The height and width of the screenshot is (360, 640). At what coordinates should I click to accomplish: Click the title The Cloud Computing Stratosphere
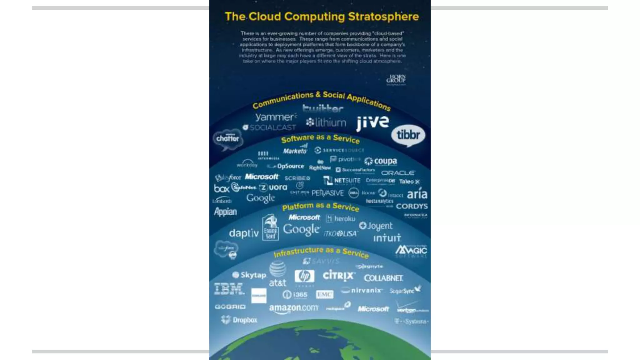[322, 16]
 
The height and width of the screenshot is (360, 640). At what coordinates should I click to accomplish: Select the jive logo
[372, 122]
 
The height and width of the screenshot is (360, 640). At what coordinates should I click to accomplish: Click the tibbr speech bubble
[408, 135]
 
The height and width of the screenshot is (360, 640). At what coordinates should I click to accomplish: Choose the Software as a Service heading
[320, 138]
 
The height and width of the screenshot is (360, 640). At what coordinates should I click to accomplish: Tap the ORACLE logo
[398, 173]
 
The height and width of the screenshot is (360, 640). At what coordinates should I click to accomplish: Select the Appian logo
[225, 212]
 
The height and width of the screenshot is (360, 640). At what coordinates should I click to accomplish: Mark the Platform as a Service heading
[321, 206]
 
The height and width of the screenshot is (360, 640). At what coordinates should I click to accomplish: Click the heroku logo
[341, 218]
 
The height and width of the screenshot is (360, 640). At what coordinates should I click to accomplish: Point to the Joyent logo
[376, 226]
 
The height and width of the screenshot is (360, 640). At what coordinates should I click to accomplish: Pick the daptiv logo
[244, 233]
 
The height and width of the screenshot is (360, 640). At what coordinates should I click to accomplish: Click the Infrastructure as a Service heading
[321, 252]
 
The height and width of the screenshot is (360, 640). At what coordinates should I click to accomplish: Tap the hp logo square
[304, 276]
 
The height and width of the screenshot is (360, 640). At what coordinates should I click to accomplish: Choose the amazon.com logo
[293, 308]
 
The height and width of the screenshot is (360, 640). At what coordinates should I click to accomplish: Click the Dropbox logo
[239, 320]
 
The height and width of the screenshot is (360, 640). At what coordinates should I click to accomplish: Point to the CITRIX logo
[338, 276]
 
